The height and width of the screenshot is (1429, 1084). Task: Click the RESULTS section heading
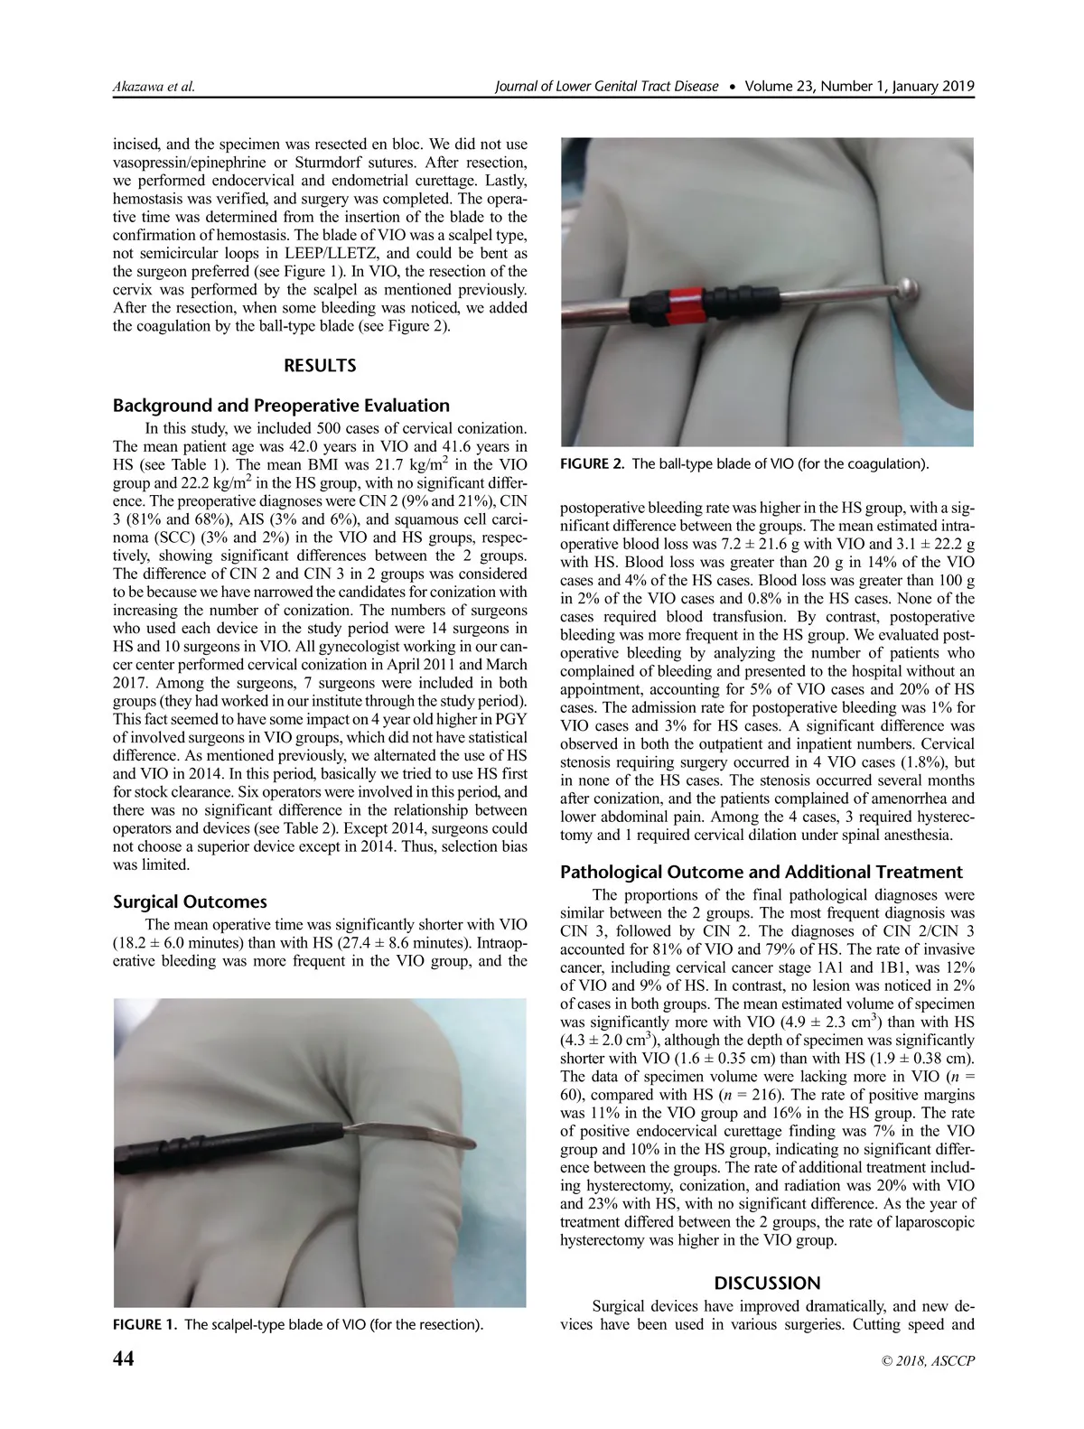coord(320,366)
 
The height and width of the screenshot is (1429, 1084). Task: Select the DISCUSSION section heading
coord(767,1283)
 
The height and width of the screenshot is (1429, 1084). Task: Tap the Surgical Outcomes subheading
coord(190,901)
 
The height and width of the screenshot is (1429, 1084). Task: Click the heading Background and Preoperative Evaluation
coord(281,406)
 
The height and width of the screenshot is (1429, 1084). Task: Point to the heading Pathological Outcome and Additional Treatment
coord(762,872)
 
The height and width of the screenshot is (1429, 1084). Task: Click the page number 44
coord(123,1359)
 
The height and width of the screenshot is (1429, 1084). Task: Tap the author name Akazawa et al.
coord(154,87)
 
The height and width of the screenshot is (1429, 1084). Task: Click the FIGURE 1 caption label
coord(143,1325)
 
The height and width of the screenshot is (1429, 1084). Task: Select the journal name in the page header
coord(607,87)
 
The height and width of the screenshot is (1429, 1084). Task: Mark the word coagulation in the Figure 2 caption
coord(883,464)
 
